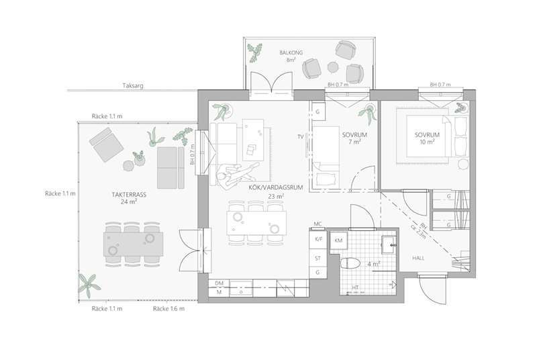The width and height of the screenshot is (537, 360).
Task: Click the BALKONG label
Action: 291,53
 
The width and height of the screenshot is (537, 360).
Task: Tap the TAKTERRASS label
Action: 129,195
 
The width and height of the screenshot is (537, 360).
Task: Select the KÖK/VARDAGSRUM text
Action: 276,187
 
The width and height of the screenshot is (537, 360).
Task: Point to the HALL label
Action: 418,259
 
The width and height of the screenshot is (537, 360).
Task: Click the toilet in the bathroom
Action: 350,263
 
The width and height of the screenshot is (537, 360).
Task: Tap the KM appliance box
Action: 338,240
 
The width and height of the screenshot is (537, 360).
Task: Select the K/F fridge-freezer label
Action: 318,239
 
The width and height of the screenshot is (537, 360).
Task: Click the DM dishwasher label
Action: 219,283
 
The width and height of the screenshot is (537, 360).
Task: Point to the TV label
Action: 301,137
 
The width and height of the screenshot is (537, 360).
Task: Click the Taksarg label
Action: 133,85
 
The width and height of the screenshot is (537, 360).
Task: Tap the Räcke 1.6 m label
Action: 168,309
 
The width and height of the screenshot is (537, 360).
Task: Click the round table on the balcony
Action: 333,67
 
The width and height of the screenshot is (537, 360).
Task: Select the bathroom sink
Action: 389,245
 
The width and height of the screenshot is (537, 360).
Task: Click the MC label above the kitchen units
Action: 318,224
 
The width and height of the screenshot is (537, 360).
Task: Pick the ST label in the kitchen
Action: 318,259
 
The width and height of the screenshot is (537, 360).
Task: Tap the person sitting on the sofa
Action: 235,176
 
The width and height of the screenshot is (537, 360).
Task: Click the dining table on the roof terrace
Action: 133,244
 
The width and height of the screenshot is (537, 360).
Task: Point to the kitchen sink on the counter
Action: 241,288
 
